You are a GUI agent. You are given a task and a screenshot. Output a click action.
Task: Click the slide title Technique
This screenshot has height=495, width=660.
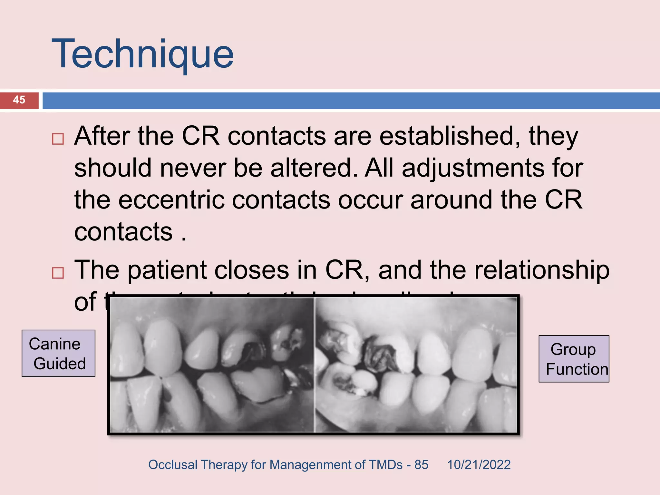click(142, 54)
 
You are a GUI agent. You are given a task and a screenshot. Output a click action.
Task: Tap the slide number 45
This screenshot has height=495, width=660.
click(19, 100)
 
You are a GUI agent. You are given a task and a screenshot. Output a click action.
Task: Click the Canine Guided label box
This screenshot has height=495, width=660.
click(58, 353)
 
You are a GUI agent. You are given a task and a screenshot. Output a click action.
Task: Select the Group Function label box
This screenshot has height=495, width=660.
click(574, 359)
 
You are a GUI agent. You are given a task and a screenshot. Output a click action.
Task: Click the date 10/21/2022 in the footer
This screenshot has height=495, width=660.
click(479, 465)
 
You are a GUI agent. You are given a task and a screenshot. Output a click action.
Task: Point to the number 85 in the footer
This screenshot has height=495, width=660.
click(421, 465)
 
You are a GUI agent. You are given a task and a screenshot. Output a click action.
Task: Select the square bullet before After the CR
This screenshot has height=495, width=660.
click(58, 139)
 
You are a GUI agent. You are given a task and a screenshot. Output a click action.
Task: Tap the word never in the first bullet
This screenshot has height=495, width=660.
click(193, 168)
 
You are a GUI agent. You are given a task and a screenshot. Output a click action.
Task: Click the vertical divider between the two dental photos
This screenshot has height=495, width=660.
click(314, 364)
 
